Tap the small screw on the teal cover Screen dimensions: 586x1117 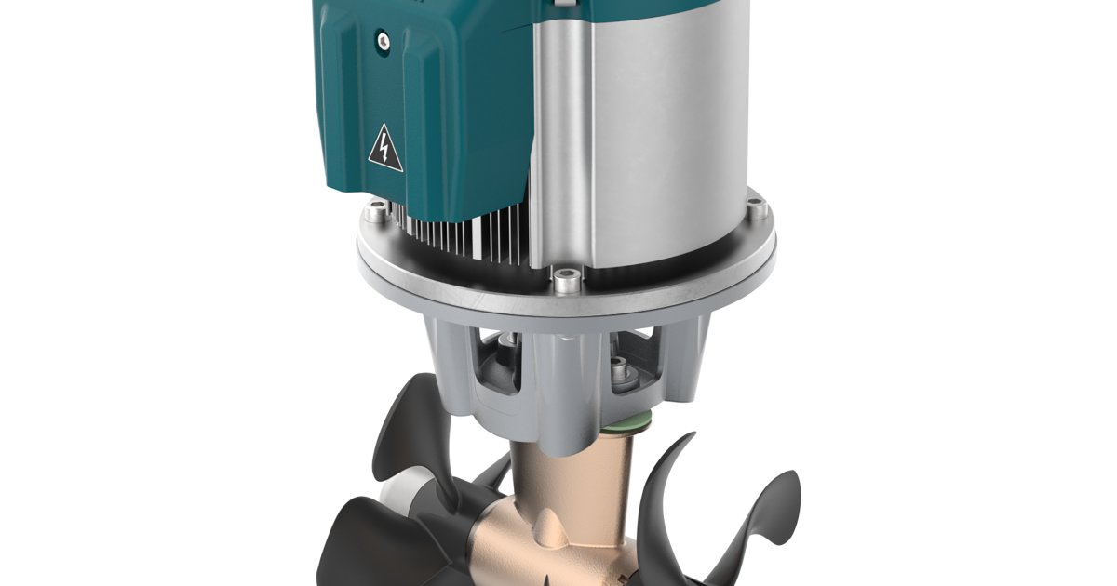[382, 39]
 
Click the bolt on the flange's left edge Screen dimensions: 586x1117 [374, 214]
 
